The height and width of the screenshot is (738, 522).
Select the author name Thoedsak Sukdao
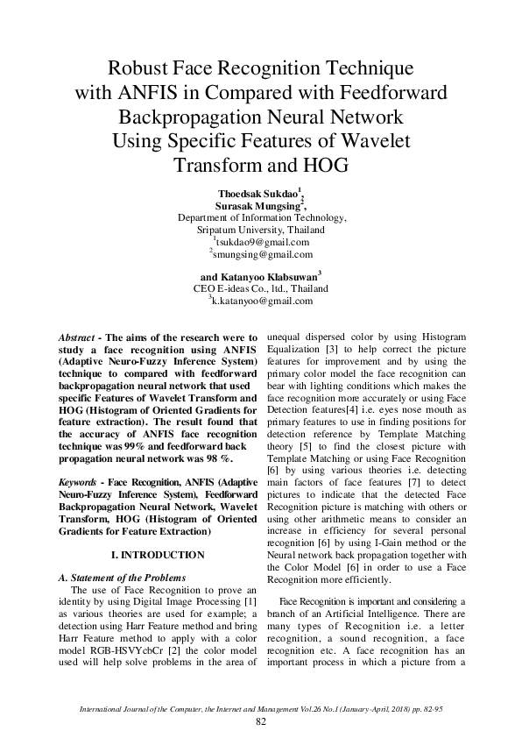(x=260, y=193)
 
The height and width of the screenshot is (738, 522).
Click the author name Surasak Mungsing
(x=260, y=205)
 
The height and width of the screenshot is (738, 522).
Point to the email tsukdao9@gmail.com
(x=262, y=242)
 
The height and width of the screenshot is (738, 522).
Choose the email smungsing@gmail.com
(x=262, y=254)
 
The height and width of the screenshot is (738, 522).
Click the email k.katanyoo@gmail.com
(x=262, y=301)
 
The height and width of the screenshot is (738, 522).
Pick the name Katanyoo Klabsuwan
(x=277, y=276)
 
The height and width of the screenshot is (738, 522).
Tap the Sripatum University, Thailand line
(x=261, y=230)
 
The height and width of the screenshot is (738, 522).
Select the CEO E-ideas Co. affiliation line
(x=261, y=288)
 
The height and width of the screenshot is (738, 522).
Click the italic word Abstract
(x=76, y=337)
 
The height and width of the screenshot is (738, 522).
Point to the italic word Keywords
(x=78, y=483)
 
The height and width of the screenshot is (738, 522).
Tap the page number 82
(x=260, y=720)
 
